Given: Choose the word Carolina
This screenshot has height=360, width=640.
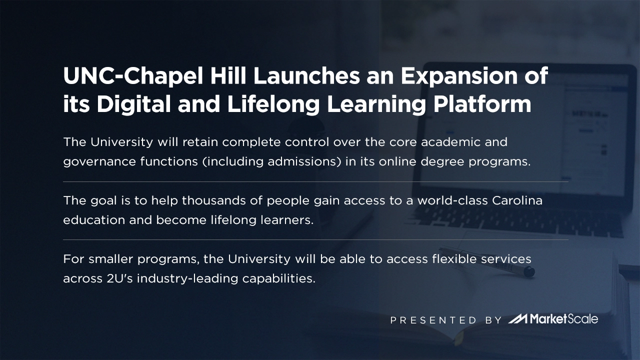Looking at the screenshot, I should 517,200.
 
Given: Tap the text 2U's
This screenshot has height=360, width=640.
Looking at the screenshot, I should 119,278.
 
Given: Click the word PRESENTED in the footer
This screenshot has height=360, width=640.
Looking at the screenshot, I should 433,320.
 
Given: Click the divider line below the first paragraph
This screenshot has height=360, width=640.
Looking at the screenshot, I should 315,181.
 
